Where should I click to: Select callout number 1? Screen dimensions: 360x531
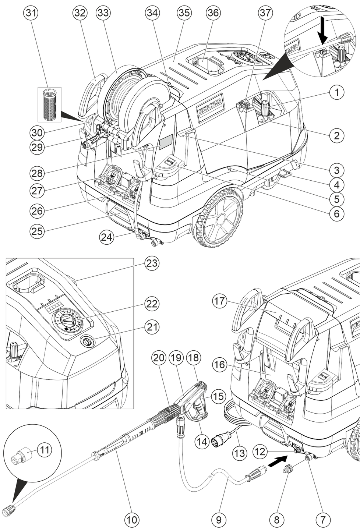click(337, 92)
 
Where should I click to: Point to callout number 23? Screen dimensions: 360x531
click(152, 263)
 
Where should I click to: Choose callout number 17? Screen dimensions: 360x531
click(220, 301)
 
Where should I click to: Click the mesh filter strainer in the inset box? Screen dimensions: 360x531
click(50, 104)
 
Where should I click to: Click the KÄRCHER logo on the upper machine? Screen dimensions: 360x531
click(210, 107)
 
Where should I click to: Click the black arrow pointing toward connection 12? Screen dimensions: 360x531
click(276, 459)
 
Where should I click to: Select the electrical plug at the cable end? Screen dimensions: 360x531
click(217, 442)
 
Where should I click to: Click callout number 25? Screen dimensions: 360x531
click(37, 230)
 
